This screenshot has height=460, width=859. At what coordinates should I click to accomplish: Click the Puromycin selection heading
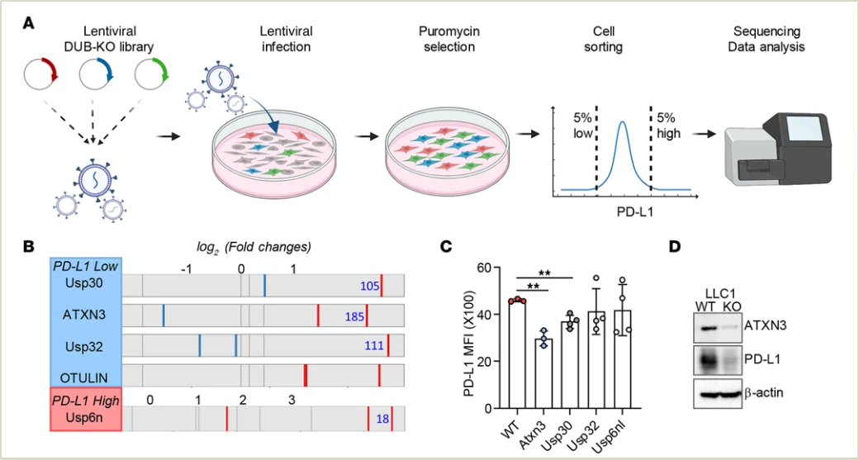(x=449, y=39)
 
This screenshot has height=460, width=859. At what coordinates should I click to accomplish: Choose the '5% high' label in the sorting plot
(x=667, y=125)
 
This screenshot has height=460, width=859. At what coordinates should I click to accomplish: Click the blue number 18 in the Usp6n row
(x=382, y=420)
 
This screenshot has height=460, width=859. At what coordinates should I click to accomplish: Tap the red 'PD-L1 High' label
(x=86, y=401)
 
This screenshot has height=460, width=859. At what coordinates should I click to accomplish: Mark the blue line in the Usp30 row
(x=264, y=285)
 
